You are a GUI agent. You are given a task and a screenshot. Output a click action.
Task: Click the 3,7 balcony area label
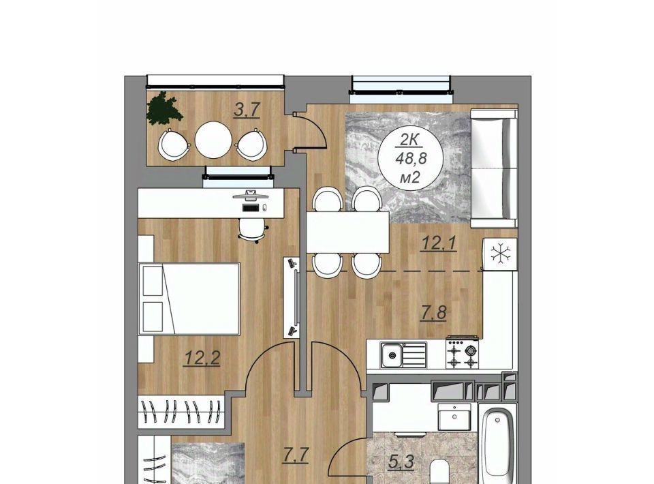click(x=247, y=110)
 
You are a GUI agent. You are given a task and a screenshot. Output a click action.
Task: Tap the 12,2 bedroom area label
click(x=202, y=358)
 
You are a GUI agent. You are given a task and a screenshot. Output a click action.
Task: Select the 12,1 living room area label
click(x=439, y=243)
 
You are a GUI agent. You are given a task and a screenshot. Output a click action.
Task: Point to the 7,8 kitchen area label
click(x=433, y=313)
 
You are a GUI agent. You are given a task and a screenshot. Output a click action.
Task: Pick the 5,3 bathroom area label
click(x=401, y=462)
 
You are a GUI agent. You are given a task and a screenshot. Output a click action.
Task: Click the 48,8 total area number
click(x=409, y=160)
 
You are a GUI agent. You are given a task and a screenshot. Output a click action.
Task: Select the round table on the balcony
click(x=213, y=140)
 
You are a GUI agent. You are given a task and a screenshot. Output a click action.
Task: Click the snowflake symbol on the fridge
click(x=499, y=254)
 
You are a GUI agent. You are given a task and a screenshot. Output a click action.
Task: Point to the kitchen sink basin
click(x=392, y=355)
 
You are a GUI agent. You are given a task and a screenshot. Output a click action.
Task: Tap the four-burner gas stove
click(x=462, y=354)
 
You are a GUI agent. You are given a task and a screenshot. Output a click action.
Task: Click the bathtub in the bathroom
click(x=497, y=443)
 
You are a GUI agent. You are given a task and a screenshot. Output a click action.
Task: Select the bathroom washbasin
click(x=454, y=417)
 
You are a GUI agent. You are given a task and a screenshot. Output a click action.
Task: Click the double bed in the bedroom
click(x=189, y=299)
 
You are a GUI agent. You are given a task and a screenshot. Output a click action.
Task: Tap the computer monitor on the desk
click(x=249, y=195)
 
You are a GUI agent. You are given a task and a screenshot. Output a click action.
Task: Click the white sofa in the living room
click(x=494, y=168)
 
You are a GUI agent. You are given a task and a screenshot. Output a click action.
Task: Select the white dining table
click(x=347, y=232)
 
